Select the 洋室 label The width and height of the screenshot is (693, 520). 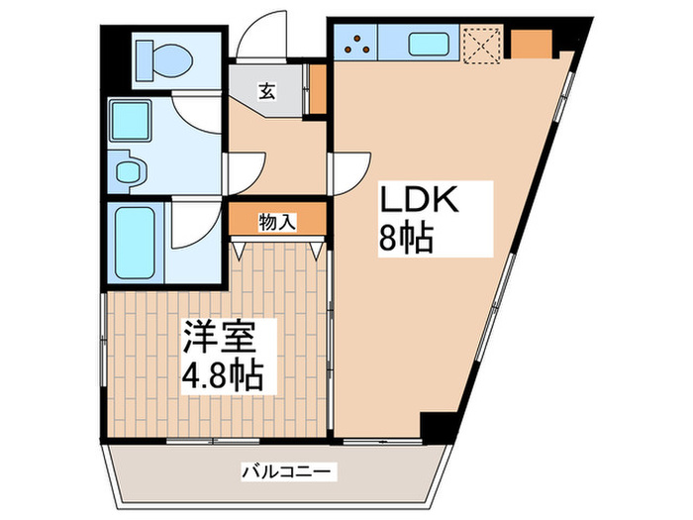click(219, 338)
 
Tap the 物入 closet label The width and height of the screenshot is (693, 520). click(278, 221)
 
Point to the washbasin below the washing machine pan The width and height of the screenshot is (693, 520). click(131, 170)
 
